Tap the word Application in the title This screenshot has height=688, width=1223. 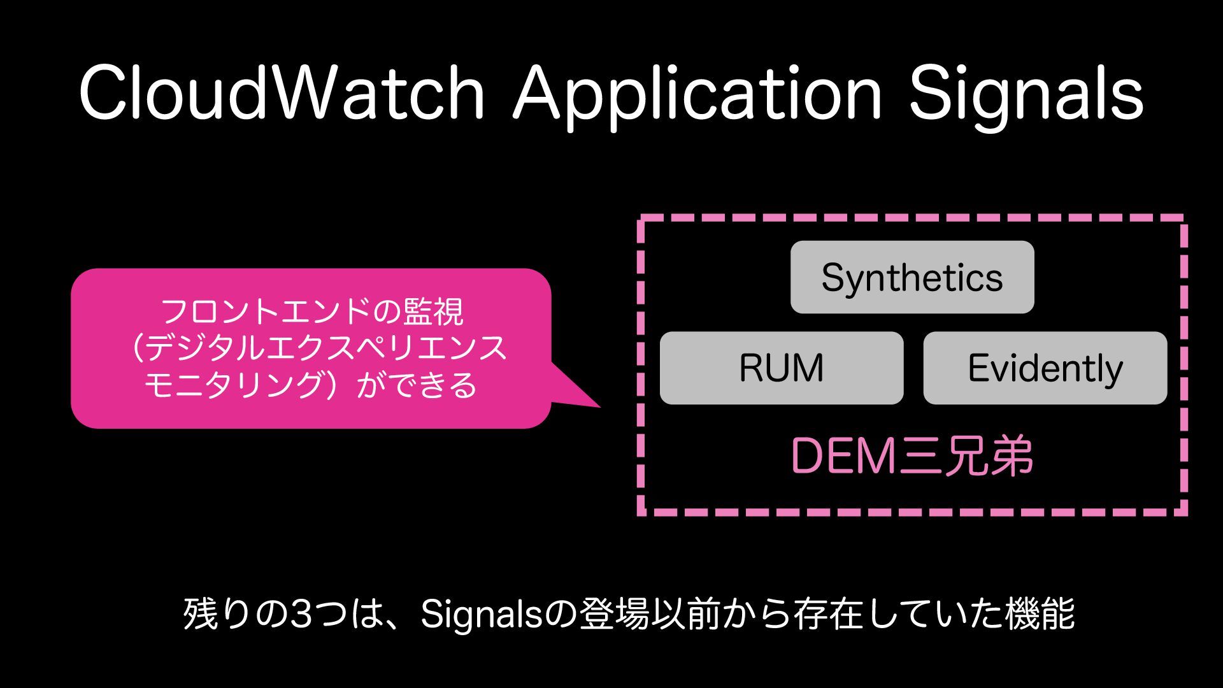tap(697, 96)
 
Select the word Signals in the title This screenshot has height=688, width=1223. tap(1026, 96)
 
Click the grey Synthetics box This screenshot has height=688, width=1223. tap(912, 277)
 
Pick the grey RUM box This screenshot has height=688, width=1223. tap(782, 368)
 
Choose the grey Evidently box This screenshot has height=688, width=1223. tap(1045, 368)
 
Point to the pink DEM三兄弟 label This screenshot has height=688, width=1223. tap(912, 456)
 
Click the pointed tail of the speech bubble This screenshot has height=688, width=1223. tap(583, 395)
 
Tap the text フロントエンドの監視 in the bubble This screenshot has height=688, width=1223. tap(312, 312)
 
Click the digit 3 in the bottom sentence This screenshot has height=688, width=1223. tap(300, 614)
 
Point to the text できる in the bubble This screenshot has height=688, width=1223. tap(433, 385)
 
